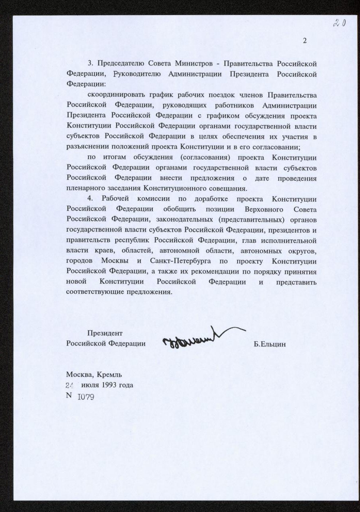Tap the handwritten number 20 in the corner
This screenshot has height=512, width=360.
click(x=340, y=23)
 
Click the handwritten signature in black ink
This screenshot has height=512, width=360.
click(x=200, y=338)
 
